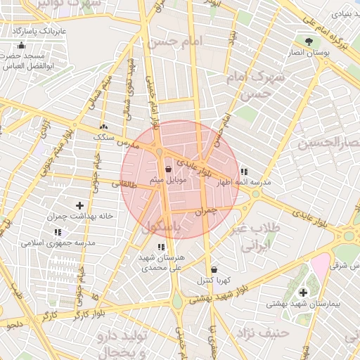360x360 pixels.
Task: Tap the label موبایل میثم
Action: tap(167, 181)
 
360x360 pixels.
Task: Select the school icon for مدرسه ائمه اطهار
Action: tap(243, 171)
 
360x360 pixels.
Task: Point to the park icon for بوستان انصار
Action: tap(308, 41)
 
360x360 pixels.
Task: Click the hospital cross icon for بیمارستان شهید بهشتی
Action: tap(303, 292)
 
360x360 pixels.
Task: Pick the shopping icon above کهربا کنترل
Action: tap(213, 269)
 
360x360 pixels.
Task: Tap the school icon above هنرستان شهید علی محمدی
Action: tap(161, 247)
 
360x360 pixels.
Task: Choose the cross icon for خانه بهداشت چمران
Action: tap(79, 205)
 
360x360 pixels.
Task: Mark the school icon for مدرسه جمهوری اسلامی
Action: tap(58, 231)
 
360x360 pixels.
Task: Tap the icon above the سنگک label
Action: tap(104, 127)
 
